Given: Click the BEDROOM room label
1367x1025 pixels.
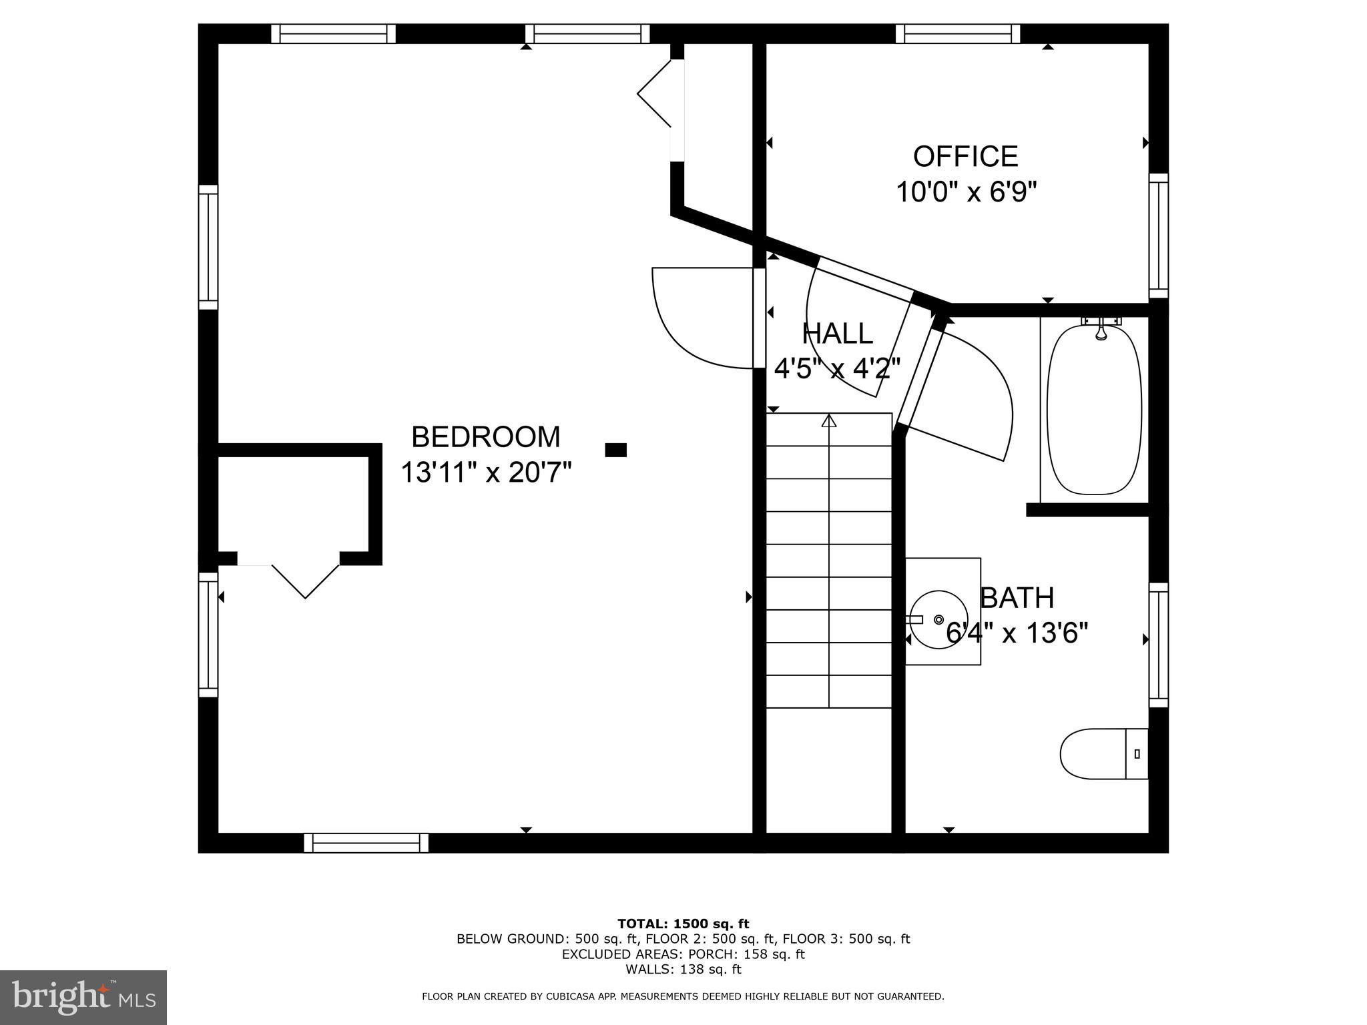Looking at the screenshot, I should pyautogui.click(x=485, y=437).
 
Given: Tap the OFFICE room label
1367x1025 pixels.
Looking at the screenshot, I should pyautogui.click(x=965, y=157).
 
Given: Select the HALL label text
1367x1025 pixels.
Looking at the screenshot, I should pyautogui.click(x=837, y=334).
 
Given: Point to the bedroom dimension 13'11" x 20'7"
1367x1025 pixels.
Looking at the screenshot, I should pyautogui.click(x=486, y=473).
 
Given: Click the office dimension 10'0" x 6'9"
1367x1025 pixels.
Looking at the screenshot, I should pyautogui.click(x=965, y=193).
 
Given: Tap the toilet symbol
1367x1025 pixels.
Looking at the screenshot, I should pyautogui.click(x=1103, y=753).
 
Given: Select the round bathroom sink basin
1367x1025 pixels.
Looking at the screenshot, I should pyautogui.click(x=939, y=619).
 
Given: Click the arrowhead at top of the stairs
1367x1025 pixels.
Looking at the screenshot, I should pyautogui.click(x=829, y=420).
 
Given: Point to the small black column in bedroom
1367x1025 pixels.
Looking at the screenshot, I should pyautogui.click(x=615, y=450).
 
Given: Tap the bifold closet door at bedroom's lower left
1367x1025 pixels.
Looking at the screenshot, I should pyautogui.click(x=305, y=579).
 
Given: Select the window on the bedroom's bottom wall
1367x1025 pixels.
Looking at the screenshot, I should pyautogui.click(x=366, y=843).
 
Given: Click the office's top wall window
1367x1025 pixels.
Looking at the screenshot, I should pyautogui.click(x=957, y=33).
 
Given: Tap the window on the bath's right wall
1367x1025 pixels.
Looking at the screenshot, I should pyautogui.click(x=1158, y=645).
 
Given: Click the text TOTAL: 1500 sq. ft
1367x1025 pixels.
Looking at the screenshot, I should pyautogui.click(x=683, y=924).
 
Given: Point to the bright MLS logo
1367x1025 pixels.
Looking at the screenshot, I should pyautogui.click(x=83, y=997).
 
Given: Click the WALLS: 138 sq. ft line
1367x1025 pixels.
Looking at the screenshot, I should pyautogui.click(x=683, y=970).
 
